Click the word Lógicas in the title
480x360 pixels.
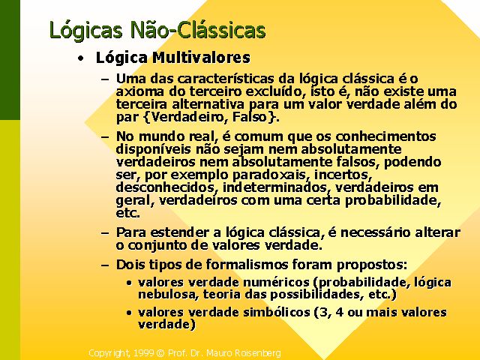click(86, 31)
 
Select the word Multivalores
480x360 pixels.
click(202, 58)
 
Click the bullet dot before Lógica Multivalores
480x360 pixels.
click(80, 58)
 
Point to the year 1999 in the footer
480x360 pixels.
click(144, 353)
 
